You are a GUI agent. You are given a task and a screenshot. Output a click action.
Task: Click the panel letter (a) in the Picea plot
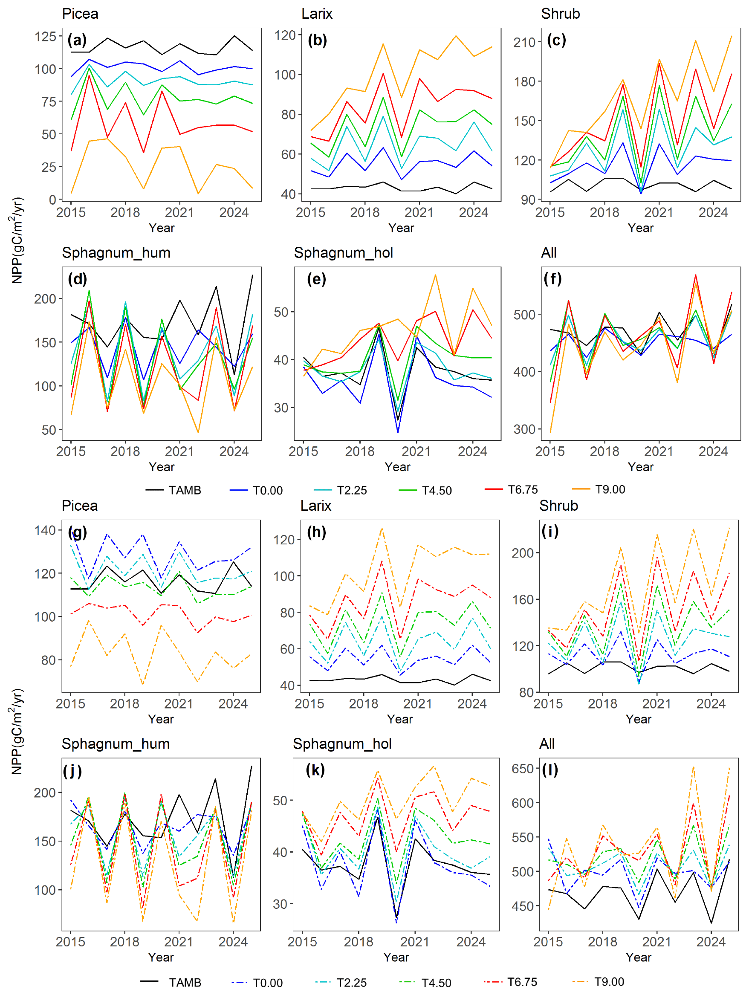pos(77,40)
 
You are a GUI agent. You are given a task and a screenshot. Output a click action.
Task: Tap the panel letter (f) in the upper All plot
pos(552,279)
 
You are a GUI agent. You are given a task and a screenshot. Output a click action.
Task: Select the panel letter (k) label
pos(315,769)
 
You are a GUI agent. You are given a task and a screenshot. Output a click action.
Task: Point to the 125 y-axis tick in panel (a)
pos(46,36)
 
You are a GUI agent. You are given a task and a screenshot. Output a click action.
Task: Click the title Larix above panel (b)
pos(317,14)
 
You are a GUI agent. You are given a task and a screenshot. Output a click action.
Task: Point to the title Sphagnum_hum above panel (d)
pos(116,253)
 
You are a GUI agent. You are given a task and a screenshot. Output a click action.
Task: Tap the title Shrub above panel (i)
pos(558,506)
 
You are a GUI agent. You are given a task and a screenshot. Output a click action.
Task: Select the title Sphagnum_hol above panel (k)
pos(342,744)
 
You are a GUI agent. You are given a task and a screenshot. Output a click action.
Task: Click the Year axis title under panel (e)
pos(397,467)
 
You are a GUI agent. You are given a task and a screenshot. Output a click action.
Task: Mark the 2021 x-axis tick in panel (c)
pos(659,212)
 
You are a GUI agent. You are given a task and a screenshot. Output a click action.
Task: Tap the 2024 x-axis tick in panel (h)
pos(472,704)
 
